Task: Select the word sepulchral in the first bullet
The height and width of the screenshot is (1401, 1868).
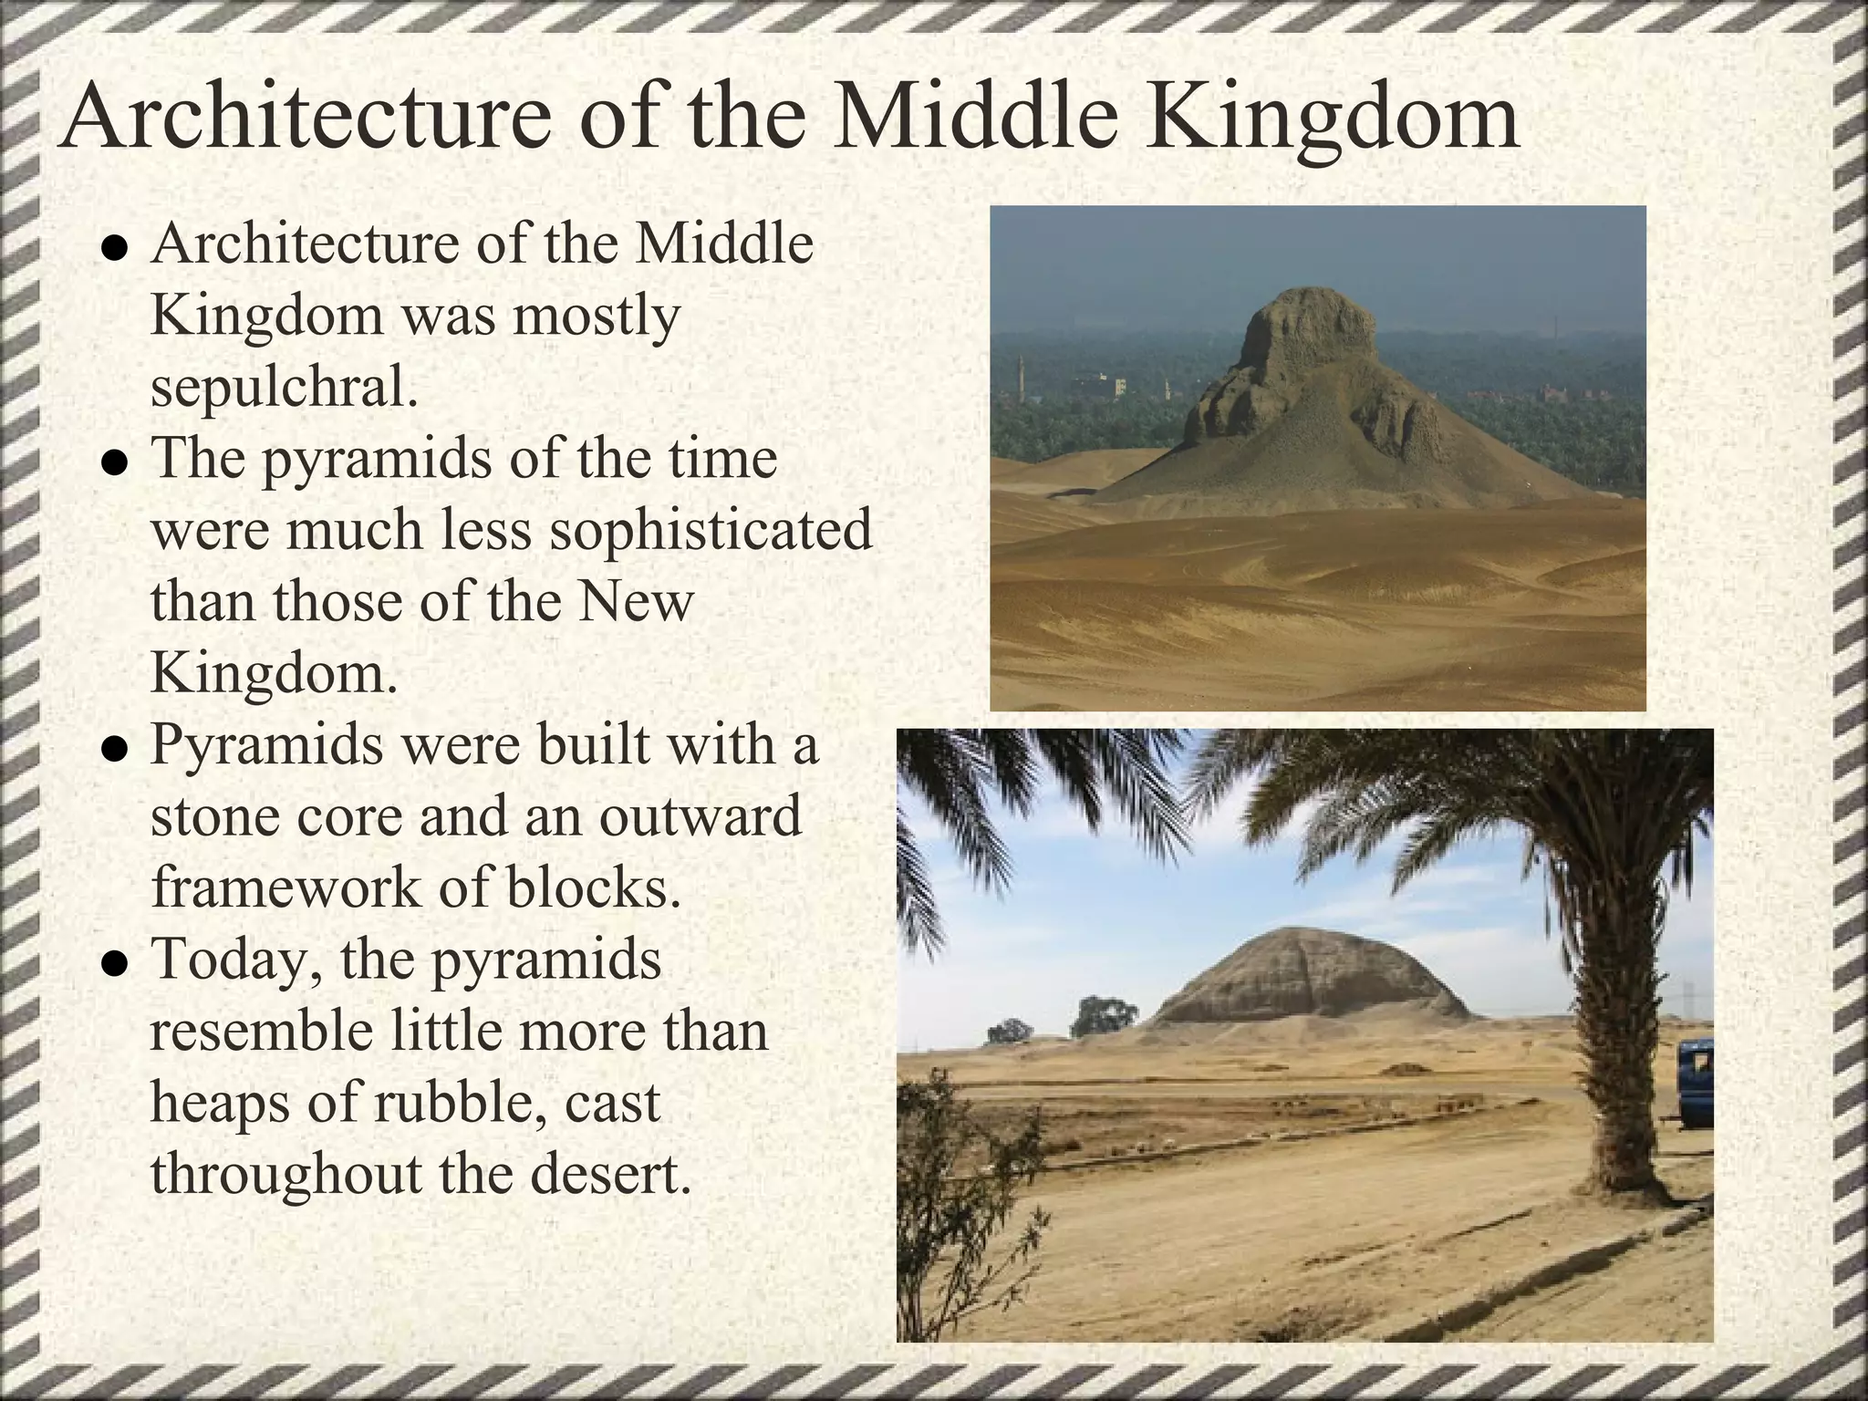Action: click(284, 388)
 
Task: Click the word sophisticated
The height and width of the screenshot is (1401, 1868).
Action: click(711, 531)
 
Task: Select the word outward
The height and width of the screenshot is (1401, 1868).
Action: click(700, 815)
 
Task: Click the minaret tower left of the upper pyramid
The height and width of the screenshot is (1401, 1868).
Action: click(1022, 374)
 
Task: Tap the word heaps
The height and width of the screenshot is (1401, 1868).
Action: click(219, 1103)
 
